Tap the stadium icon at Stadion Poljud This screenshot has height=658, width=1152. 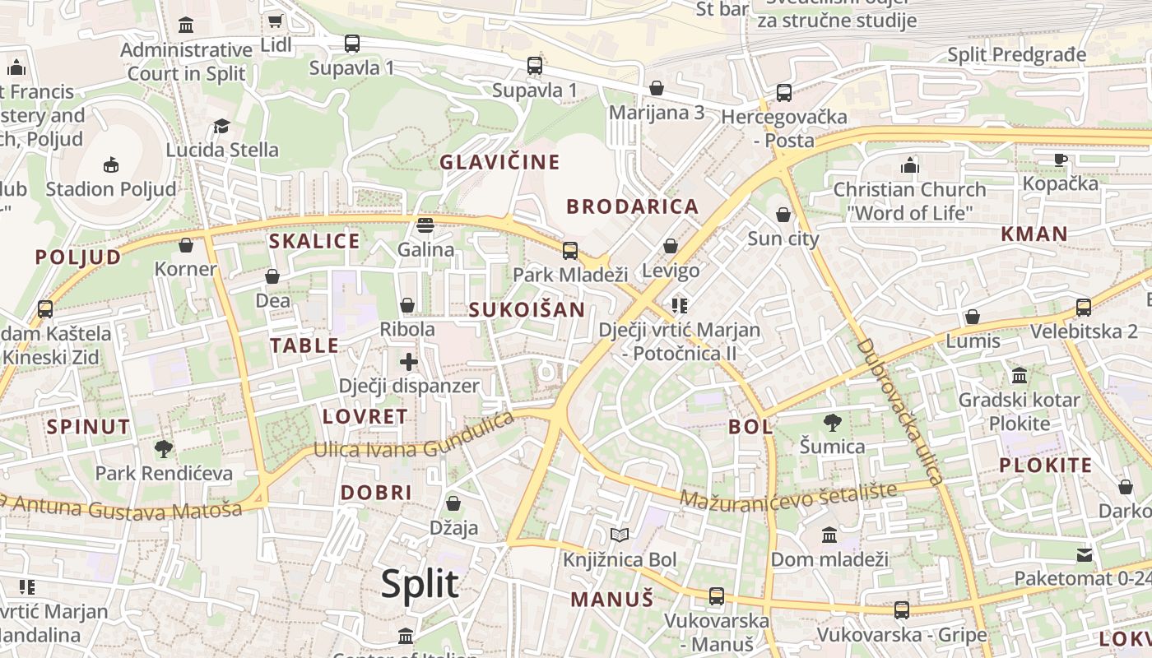[x=111, y=164]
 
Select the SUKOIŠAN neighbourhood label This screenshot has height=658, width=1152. [x=527, y=310]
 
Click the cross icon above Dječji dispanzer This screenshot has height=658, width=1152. [x=409, y=361]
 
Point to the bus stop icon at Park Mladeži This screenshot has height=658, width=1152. [x=569, y=250]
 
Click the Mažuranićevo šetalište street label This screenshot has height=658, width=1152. [x=788, y=495]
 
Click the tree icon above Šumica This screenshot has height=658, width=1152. [x=832, y=423]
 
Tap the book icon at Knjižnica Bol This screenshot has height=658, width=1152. [x=620, y=535]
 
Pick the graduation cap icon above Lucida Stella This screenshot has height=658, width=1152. [x=221, y=126]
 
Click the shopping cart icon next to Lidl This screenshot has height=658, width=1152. [x=276, y=21]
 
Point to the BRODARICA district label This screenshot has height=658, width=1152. [x=633, y=206]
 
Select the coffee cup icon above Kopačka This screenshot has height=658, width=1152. [x=1061, y=160]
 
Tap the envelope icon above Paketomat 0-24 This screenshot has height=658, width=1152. [x=1085, y=554]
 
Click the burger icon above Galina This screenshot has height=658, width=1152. [x=425, y=225]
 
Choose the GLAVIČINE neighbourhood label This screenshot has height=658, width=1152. [x=499, y=162]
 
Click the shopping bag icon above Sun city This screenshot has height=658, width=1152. [x=783, y=215]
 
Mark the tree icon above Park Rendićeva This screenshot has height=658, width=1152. [x=164, y=449]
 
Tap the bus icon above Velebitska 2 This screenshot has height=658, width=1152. [x=1084, y=308]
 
